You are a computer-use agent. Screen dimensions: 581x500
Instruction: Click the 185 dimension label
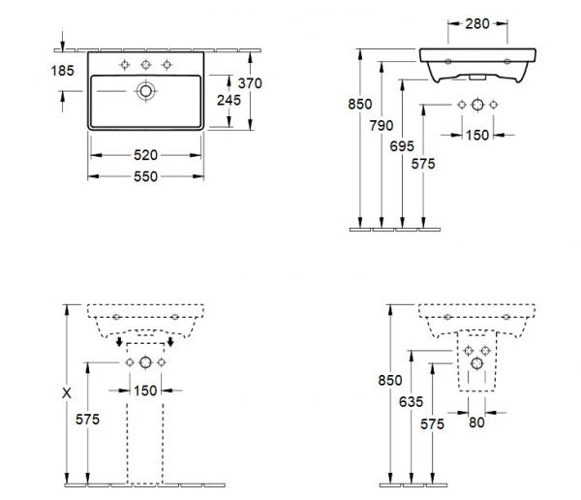tap(63, 71)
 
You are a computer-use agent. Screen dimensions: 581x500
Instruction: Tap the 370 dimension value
tap(250, 83)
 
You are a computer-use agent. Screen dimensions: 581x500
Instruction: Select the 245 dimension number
tap(229, 100)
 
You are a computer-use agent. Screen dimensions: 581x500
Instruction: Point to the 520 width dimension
tap(145, 155)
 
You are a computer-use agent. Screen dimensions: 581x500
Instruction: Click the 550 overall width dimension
tap(145, 176)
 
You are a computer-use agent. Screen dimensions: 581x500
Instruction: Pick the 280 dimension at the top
tap(477, 23)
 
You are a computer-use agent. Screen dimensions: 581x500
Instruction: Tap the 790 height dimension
tap(382, 125)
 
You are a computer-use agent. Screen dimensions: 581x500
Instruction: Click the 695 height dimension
tap(402, 146)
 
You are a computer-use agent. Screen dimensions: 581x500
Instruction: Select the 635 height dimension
tap(411, 401)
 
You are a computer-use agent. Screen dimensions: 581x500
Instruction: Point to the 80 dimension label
tap(476, 422)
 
